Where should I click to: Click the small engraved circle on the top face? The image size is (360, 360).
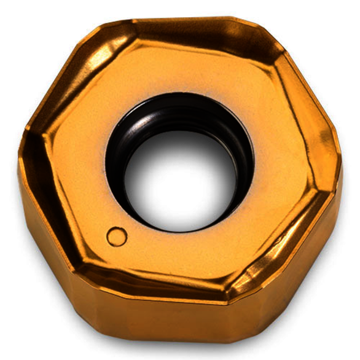[117, 236]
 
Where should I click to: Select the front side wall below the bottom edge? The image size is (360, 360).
[154, 323]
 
